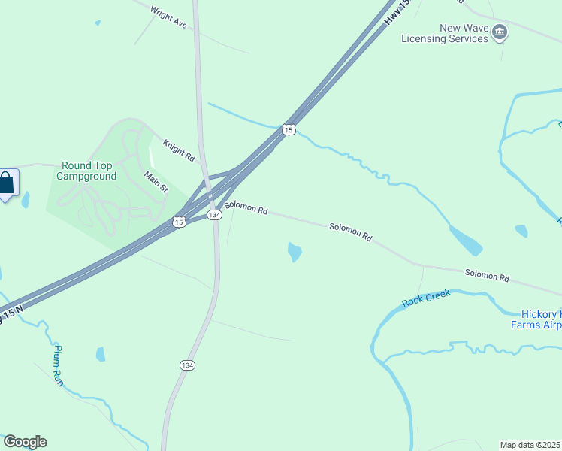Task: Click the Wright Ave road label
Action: point(168,18)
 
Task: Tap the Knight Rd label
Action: point(179,149)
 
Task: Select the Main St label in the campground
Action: point(156,182)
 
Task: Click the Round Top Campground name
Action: point(89,171)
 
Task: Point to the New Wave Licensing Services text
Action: point(444,34)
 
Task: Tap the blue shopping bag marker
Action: point(7,183)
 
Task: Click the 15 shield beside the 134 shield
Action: point(178,221)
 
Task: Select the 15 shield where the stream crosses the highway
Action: point(289,130)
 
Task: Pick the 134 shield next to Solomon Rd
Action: point(214,215)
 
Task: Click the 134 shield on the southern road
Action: point(188,365)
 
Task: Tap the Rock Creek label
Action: point(426,298)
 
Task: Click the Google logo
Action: point(25,442)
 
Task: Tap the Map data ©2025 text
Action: point(530,445)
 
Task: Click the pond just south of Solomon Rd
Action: point(295,252)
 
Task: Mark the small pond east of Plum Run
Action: point(101,354)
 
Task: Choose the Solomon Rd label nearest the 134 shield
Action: point(246,208)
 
